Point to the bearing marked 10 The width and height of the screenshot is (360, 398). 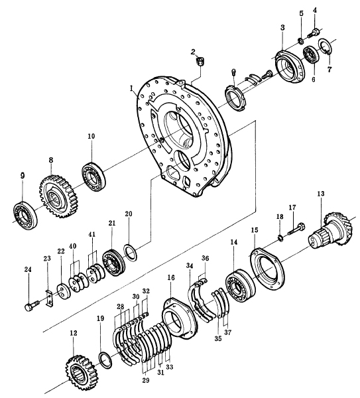coord(93,177)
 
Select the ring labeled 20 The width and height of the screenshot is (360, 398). coord(131,252)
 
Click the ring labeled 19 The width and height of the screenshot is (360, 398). coord(105,360)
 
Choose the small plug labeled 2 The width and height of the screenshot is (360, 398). coord(201,62)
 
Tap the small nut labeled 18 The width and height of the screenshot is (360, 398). coord(281,238)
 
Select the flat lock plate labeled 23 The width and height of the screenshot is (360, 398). coord(49,298)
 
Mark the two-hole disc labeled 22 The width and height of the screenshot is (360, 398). coord(62,292)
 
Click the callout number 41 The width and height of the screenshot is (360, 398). coord(92,234)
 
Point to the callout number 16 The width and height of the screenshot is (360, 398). coord(171,277)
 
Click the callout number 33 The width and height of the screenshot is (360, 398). coord(169,367)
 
